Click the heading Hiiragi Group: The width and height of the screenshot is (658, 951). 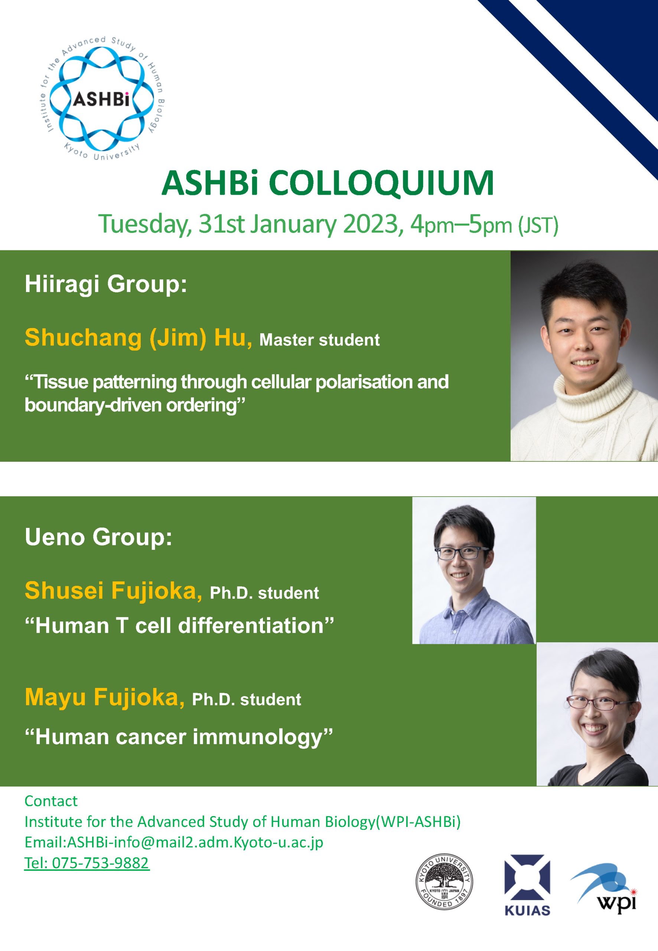point(106,285)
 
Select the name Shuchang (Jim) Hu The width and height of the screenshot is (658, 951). point(139,338)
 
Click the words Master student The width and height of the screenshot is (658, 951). point(319,340)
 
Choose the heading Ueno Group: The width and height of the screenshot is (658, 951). point(98,538)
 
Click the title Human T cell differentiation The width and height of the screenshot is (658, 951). point(179,626)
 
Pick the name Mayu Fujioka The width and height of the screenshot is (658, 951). point(105,697)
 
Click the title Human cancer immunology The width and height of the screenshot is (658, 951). point(179,737)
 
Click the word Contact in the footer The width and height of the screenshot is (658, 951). point(51,801)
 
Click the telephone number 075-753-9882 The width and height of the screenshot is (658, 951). point(100,863)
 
